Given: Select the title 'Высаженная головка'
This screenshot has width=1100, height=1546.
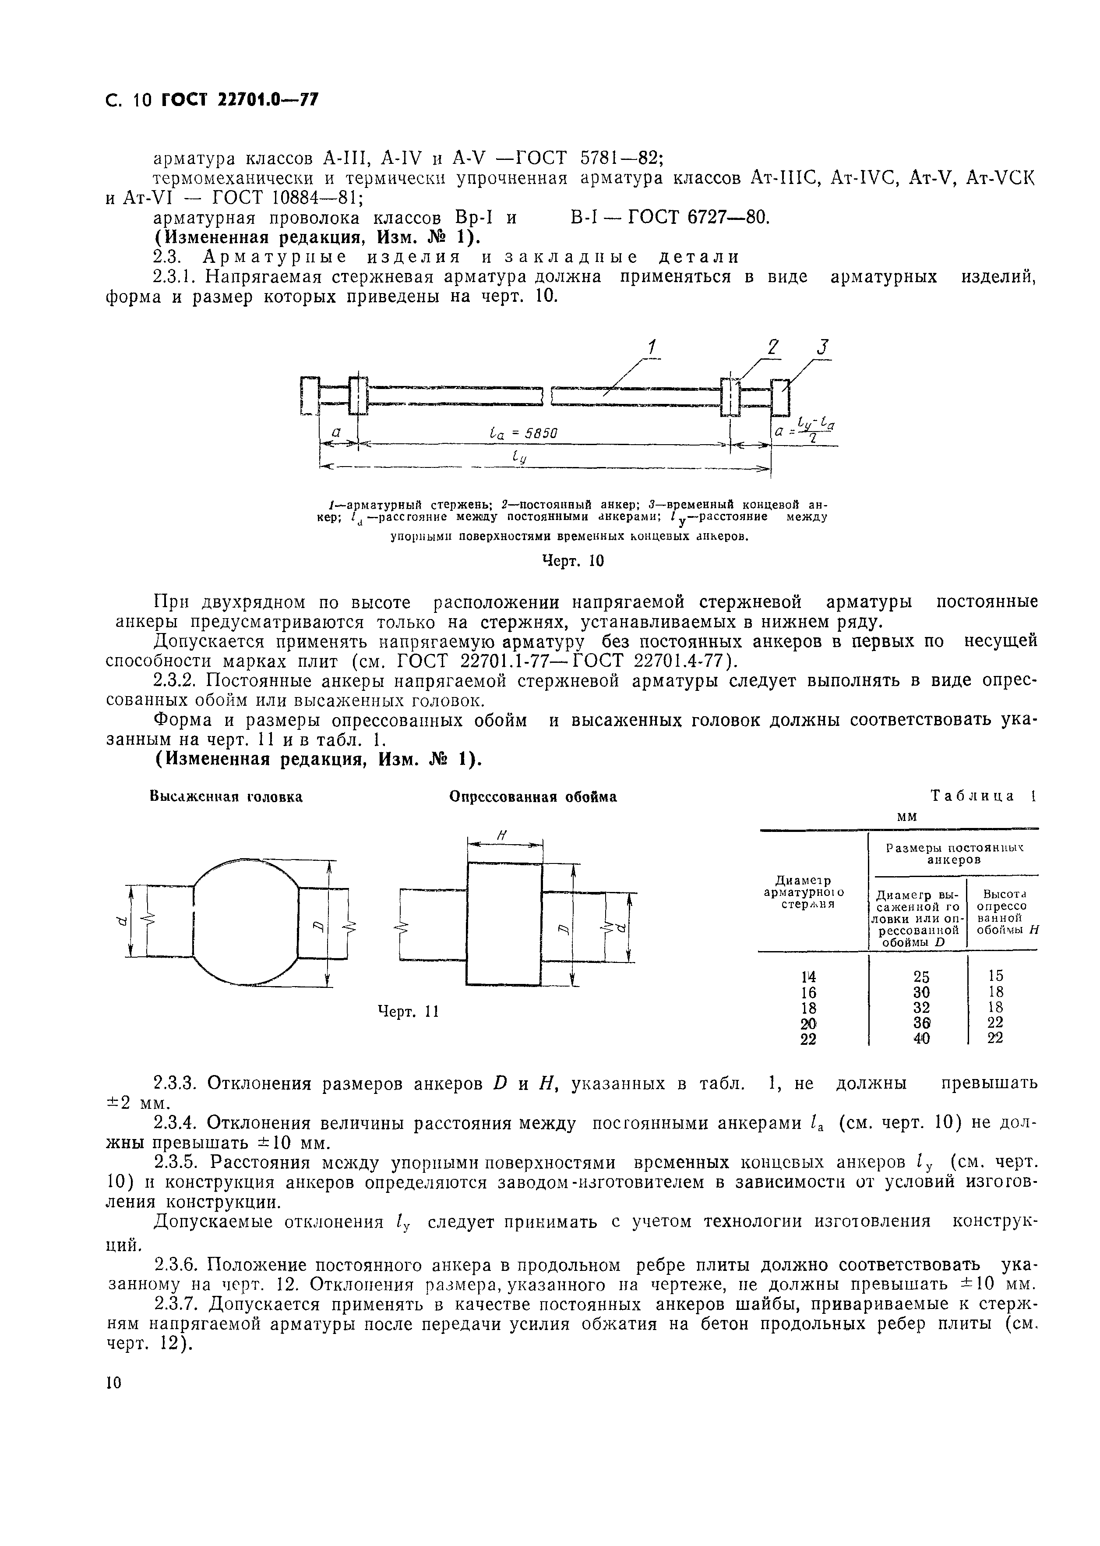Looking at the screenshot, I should [226, 797].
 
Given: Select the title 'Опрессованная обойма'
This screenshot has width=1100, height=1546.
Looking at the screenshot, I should [533, 797].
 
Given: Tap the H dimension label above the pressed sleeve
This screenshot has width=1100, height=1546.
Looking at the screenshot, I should [502, 837].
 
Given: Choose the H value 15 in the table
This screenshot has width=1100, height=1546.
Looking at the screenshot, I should [995, 976].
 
